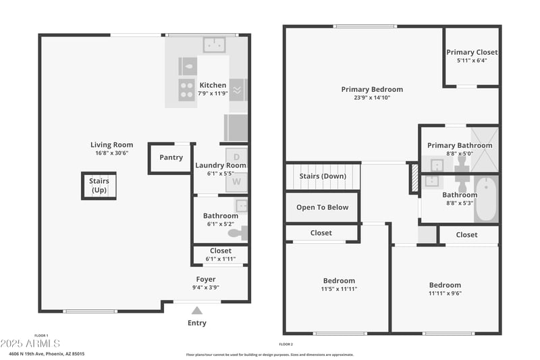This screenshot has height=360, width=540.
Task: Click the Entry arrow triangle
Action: [x=196, y=311]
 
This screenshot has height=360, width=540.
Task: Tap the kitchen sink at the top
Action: [x=215, y=45]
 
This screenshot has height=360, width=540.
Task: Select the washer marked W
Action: [x=236, y=181]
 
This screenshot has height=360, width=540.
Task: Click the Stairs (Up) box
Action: [x=99, y=185]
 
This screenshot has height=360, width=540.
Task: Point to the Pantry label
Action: [x=171, y=157]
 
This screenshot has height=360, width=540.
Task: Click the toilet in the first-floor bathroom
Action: [x=237, y=234]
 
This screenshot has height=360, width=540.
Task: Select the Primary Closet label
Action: [x=472, y=52]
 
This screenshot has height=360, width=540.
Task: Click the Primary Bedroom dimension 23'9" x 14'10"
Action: [x=371, y=97]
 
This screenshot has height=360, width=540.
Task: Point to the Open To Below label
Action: [x=323, y=207]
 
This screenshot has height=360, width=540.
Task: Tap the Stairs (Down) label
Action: [x=323, y=176]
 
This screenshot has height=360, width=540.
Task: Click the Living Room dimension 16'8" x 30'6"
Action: [x=111, y=153]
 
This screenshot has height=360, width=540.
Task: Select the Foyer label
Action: [x=206, y=279]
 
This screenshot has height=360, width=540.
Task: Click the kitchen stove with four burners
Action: [x=187, y=90]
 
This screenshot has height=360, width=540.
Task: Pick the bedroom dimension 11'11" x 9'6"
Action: [x=445, y=293]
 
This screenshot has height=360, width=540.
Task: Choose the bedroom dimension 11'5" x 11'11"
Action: [x=338, y=289]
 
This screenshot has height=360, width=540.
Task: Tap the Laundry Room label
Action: [x=221, y=165]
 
